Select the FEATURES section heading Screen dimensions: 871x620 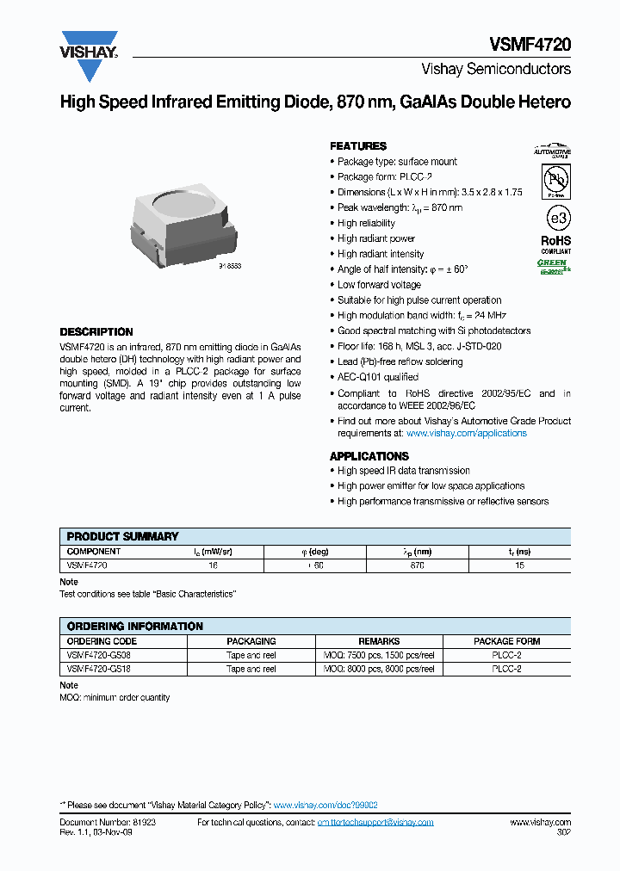(358, 146)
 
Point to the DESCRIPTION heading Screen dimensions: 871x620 (96, 332)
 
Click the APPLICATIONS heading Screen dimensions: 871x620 (369, 456)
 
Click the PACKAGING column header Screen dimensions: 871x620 (251, 641)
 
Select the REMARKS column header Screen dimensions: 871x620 (379, 641)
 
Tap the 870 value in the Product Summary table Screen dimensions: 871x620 (417, 565)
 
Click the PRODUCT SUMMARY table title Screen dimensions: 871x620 (122, 536)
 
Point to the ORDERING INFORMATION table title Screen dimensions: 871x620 (135, 627)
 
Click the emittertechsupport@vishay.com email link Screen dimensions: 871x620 (375, 823)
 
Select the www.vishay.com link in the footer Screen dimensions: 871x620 (540, 823)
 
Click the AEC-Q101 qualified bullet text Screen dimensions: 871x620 (378, 377)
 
